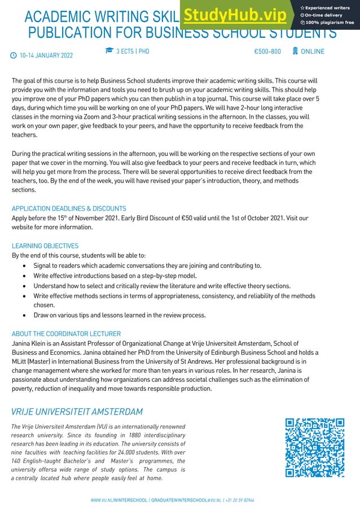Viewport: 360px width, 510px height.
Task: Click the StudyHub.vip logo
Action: pos(234,15)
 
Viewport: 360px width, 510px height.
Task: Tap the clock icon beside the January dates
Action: pos(14,55)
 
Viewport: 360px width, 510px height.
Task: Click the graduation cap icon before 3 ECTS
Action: pos(109,51)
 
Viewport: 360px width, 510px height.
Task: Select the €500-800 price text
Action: pos(267,51)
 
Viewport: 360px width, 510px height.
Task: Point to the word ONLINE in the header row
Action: pos(313,51)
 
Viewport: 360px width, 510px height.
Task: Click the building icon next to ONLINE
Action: pos(295,51)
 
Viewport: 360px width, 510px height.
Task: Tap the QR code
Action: pos(315,448)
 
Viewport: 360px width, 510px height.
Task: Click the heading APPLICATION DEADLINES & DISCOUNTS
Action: pos(69,208)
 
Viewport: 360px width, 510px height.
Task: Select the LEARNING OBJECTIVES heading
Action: pos(45,246)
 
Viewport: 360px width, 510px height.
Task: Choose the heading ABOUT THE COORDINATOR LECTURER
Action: pos(66,334)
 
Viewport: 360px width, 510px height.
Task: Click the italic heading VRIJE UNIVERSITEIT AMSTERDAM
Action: pos(77,412)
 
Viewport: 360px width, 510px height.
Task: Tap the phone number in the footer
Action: pos(240,500)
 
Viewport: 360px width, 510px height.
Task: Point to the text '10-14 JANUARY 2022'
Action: pos(46,55)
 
